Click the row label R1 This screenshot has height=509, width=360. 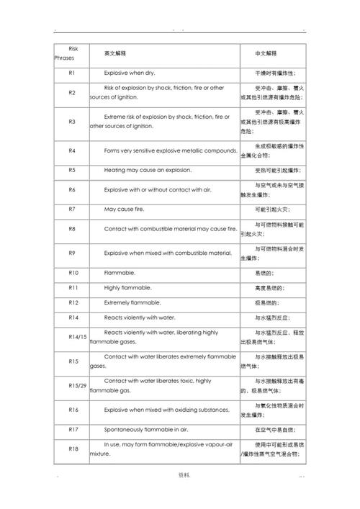point(72,73)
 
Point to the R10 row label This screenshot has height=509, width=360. point(73,273)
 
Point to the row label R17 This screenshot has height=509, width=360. point(73,430)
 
